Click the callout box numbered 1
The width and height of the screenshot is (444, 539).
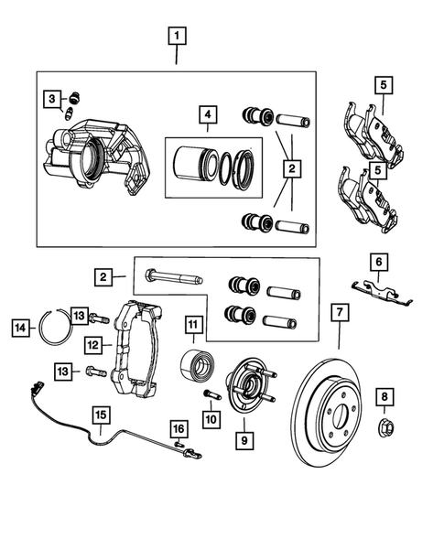(177, 38)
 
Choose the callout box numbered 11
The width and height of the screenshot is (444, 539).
(193, 325)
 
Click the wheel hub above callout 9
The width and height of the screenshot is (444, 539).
(249, 384)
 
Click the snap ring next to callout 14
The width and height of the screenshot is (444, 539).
(58, 328)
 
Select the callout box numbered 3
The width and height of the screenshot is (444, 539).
(54, 99)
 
